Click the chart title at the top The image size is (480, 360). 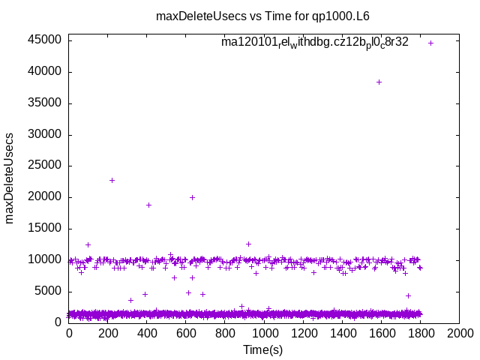[x=262, y=16]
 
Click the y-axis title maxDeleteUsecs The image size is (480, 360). [x=10, y=178]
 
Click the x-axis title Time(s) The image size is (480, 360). [x=262, y=349]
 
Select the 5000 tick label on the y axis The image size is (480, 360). [x=49, y=292]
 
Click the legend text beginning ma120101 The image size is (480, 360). [x=315, y=43]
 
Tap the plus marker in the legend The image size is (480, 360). [x=430, y=43]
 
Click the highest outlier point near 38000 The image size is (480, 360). [x=379, y=82]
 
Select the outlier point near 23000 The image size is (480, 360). [x=112, y=180]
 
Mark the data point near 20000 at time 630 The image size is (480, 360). [x=192, y=197]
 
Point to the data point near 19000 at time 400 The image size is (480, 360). [x=148, y=205]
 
